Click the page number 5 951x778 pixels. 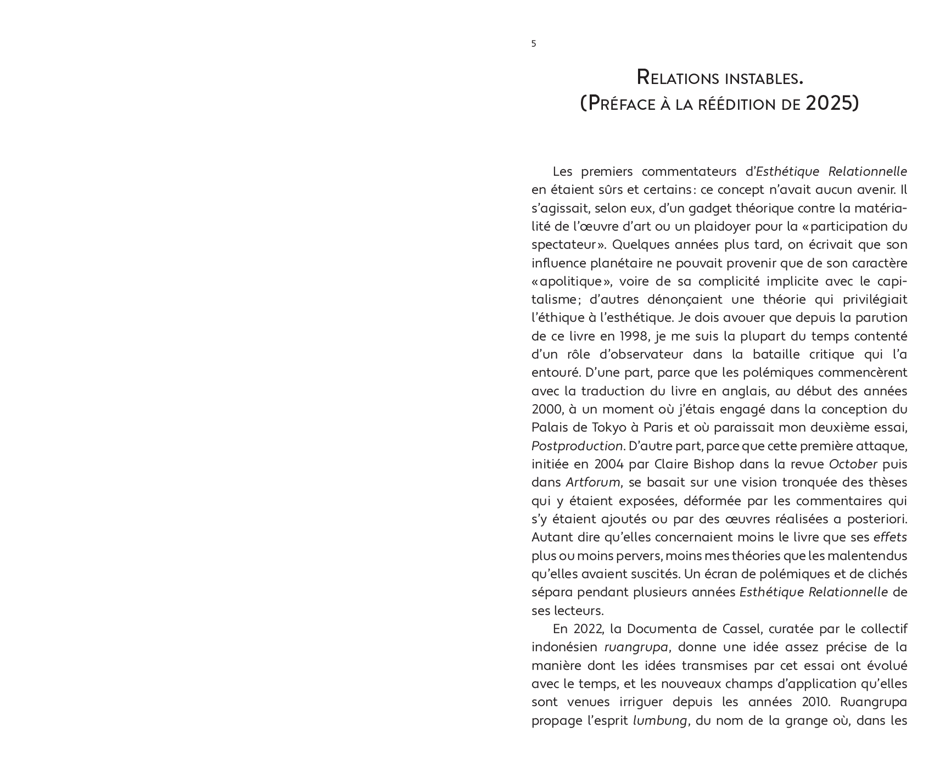pyautogui.click(x=534, y=44)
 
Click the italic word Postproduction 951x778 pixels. pyautogui.click(x=577, y=446)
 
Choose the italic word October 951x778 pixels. pyautogui.click(x=853, y=464)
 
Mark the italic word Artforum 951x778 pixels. pyautogui.click(x=593, y=482)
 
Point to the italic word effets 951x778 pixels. pyautogui.click(x=890, y=537)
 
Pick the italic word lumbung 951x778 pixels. pyautogui.click(x=660, y=720)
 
